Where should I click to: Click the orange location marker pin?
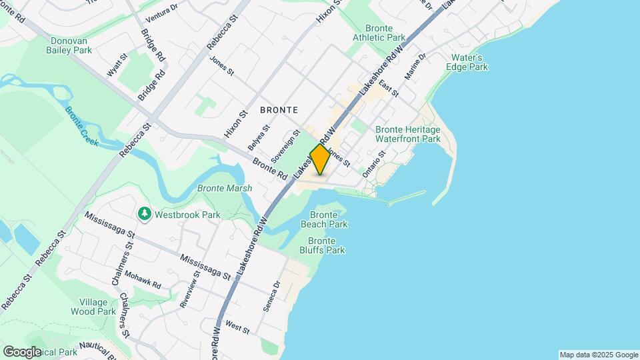tap(320, 159)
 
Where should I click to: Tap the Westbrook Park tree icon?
tap(144, 214)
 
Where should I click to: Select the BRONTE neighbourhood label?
tap(278, 109)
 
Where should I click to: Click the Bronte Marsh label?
tap(225, 189)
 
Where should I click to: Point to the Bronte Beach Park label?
tap(329, 220)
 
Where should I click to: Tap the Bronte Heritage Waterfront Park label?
tap(408, 134)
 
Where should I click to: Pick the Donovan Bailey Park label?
tap(70, 45)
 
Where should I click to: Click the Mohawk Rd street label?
tap(143, 280)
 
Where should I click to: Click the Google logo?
tap(22, 351)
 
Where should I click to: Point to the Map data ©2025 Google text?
tap(598, 355)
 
